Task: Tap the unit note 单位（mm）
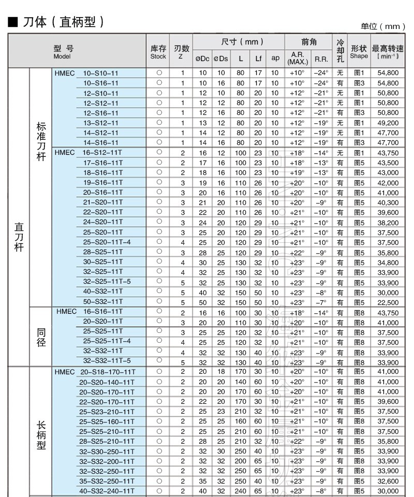382,26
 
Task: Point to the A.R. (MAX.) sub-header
297,58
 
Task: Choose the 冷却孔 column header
340,51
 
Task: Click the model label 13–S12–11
100,123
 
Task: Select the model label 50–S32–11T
102,302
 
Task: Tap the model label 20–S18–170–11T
108,372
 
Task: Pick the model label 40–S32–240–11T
108,491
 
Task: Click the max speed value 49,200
388,123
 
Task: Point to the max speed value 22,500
388,302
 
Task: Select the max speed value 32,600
388,481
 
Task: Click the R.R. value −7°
321,302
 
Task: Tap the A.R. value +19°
297,172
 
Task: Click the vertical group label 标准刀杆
41,142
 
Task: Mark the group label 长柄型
41,432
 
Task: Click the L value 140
241,382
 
